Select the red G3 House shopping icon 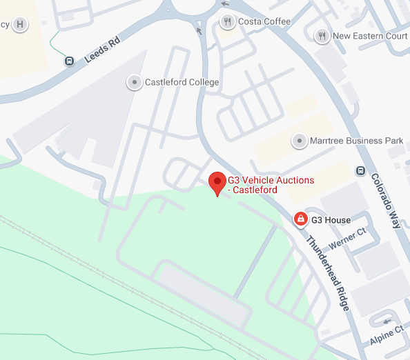click(300, 219)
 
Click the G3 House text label click(331, 220)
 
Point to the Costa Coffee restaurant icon click(227, 22)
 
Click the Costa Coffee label click(264, 22)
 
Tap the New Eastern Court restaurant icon click(321, 36)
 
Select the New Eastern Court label click(370, 36)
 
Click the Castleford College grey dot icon click(134, 82)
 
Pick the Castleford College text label click(182, 83)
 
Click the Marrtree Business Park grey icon click(299, 141)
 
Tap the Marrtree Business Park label click(356, 141)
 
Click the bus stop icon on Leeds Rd click(70, 61)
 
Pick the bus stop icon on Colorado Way click(360, 170)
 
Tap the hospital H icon click(21, 25)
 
